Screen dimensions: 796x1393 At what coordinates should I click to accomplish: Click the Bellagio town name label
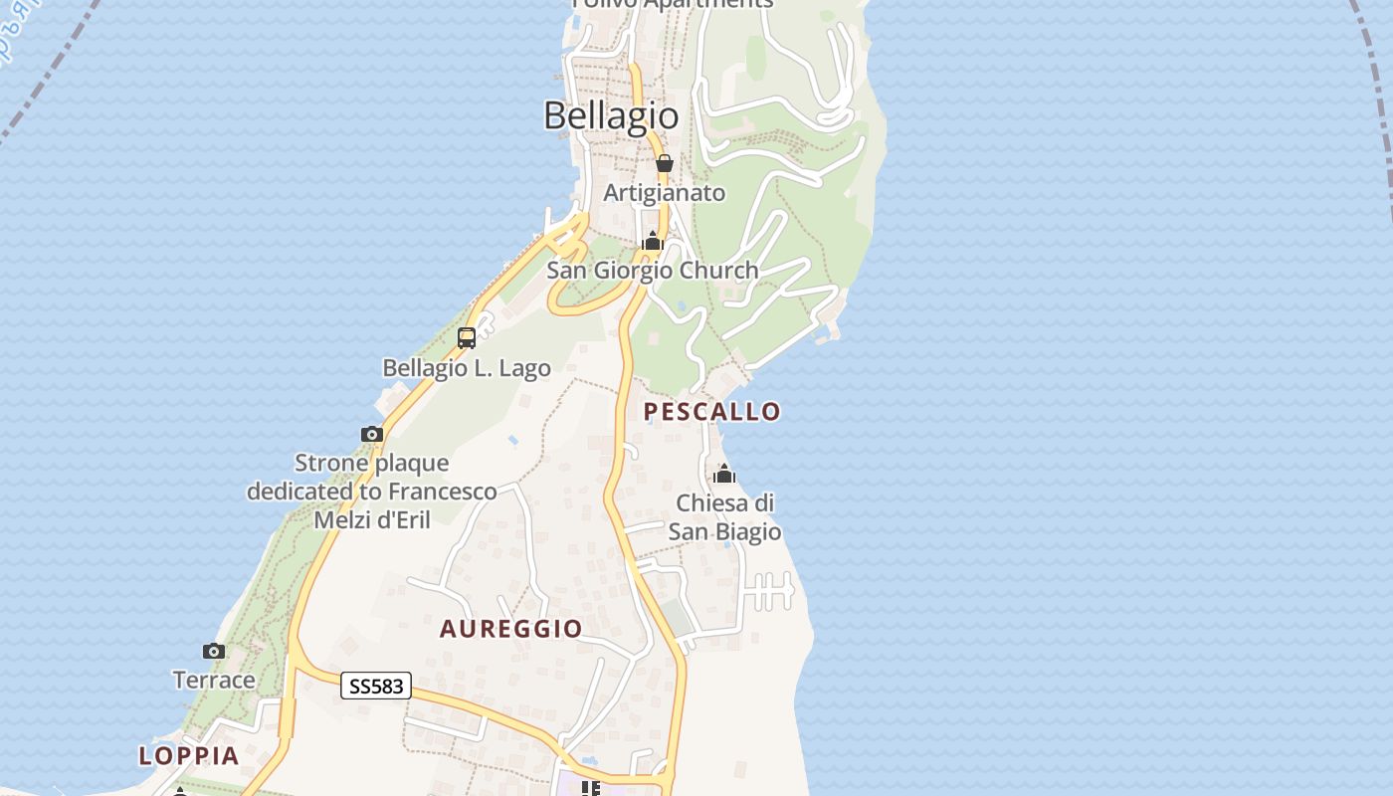611,115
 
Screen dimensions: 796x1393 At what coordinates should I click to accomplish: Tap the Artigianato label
664,193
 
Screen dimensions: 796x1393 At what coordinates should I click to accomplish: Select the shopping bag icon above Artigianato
664,163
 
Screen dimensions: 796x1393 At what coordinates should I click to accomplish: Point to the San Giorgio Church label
652,271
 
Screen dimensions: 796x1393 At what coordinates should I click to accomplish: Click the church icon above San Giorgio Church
653,241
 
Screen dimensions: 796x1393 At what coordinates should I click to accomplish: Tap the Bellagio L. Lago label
466,368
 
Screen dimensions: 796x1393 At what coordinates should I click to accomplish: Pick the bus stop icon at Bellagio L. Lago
466,338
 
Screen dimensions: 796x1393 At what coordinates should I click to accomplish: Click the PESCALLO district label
711,411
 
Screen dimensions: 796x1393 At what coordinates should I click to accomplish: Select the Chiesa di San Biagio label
724,517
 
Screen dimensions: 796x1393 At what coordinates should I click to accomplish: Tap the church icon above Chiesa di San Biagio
724,474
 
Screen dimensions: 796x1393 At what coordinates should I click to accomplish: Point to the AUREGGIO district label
510,629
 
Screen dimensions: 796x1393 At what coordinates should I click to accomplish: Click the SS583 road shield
375,686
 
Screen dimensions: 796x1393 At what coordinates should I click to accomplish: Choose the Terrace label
214,681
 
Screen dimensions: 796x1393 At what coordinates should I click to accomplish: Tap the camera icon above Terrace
214,652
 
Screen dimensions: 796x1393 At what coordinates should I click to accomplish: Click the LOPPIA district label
189,755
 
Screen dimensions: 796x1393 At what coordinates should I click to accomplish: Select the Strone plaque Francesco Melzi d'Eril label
372,492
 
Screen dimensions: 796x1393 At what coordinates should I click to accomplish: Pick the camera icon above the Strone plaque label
371,434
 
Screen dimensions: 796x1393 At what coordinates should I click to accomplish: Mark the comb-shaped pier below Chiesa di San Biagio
768,591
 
